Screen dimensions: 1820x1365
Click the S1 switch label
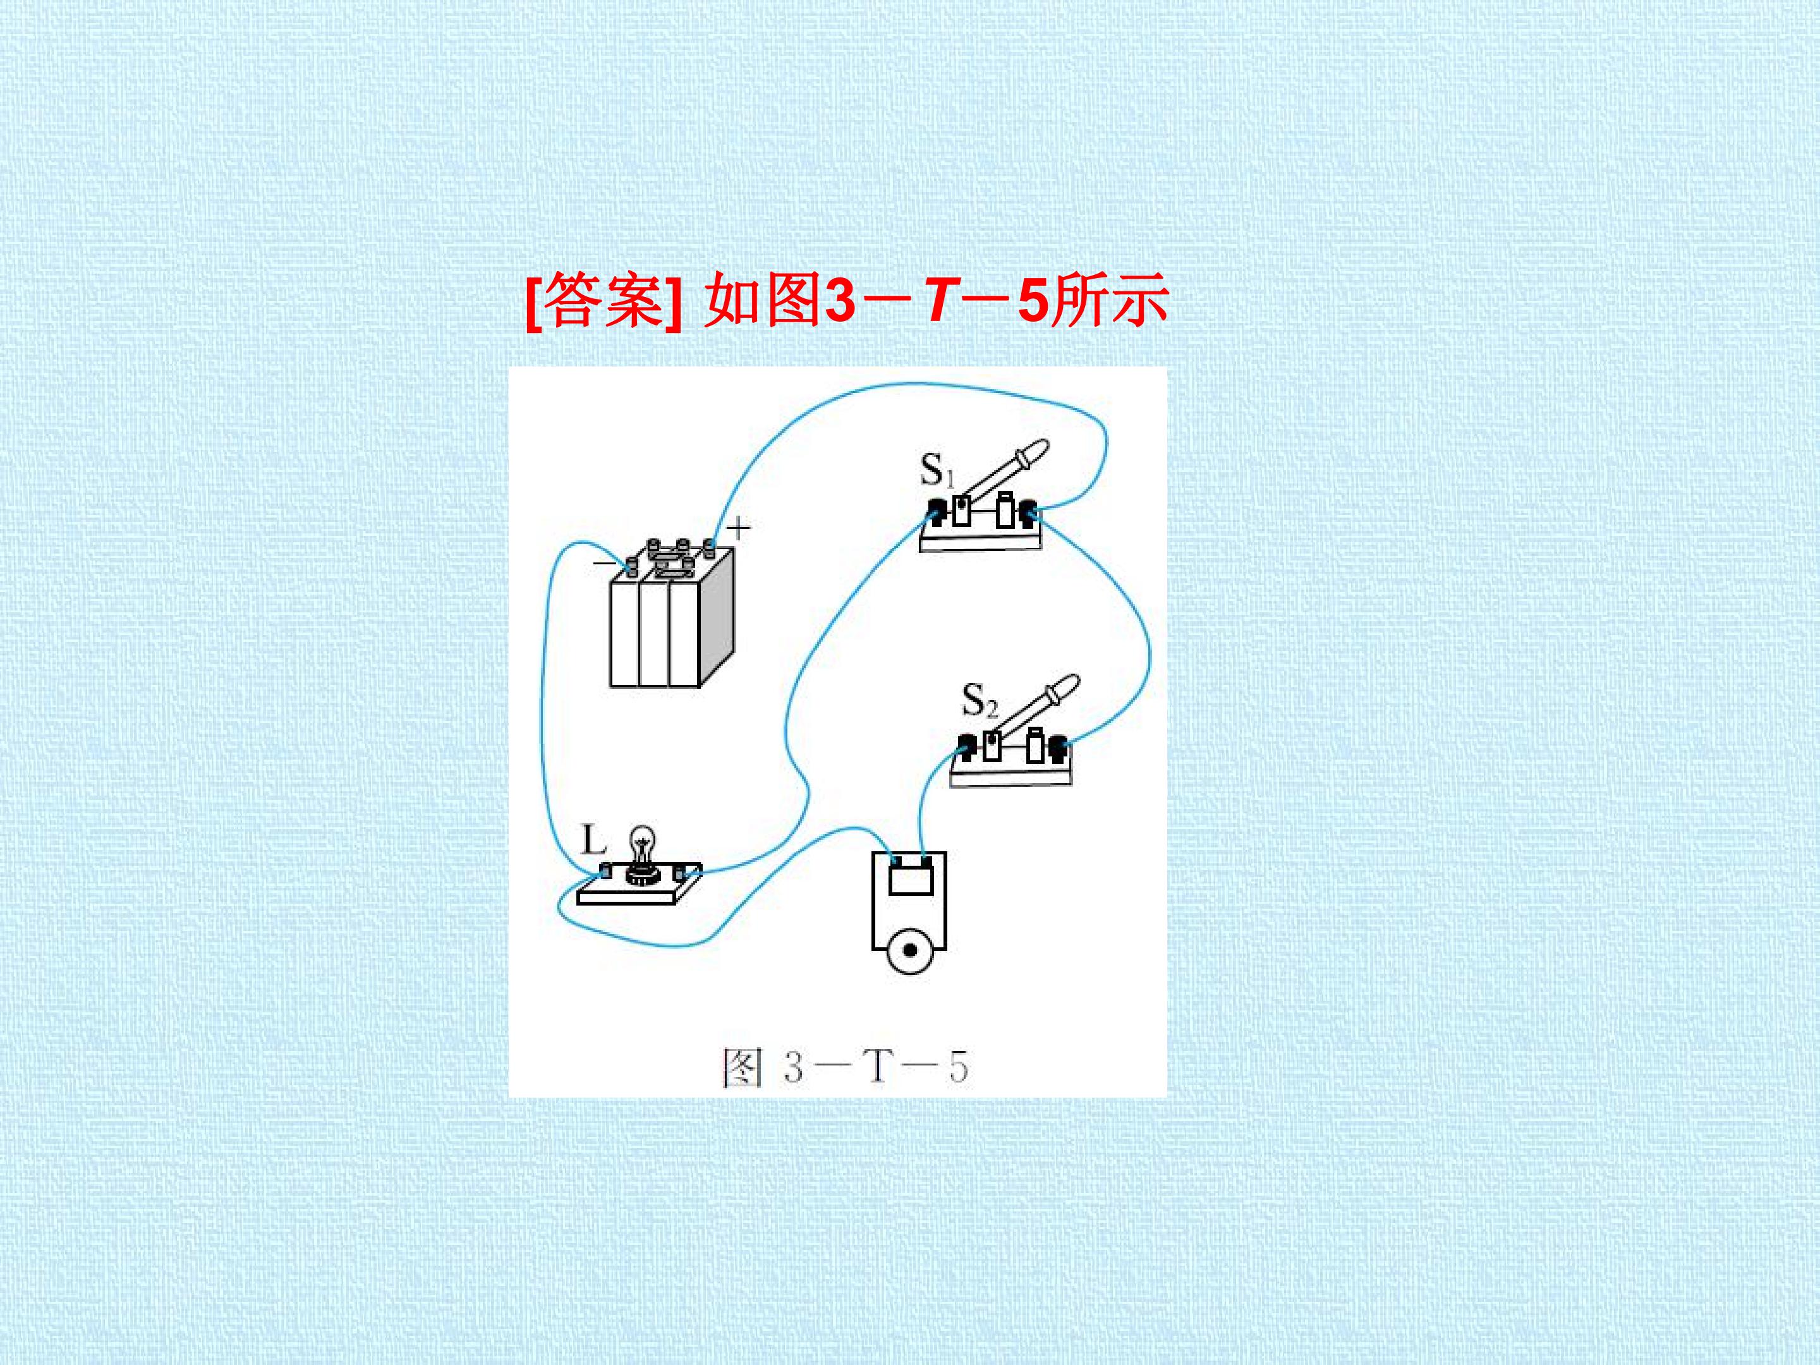(x=937, y=470)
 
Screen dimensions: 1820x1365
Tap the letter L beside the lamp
(x=593, y=840)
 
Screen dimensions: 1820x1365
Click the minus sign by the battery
(x=604, y=564)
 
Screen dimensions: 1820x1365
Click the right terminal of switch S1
(x=1026, y=513)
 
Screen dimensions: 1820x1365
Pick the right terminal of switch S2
(x=1057, y=749)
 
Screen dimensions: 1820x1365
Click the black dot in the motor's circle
(x=910, y=950)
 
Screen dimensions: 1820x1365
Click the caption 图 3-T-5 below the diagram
(x=845, y=1067)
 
